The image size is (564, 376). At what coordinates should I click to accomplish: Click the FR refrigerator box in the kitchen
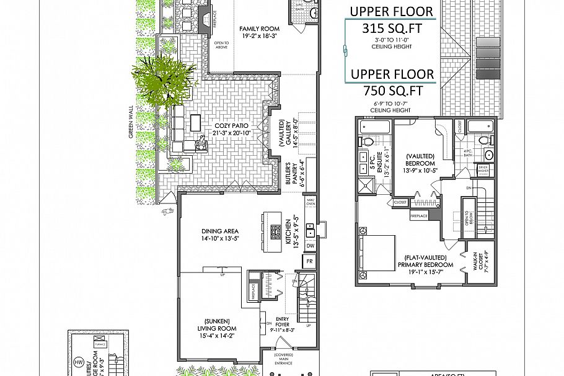click(309, 262)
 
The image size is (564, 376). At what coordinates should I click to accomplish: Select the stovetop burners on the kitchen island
click(275, 232)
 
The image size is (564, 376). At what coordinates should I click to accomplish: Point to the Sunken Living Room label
click(216, 328)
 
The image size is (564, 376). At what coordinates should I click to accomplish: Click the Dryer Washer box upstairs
click(483, 171)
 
